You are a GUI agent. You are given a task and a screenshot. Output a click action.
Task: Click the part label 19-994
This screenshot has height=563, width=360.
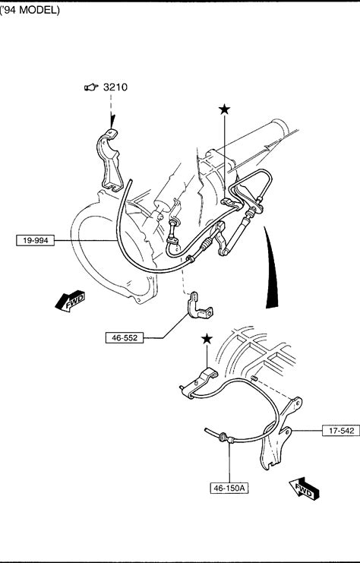(35, 240)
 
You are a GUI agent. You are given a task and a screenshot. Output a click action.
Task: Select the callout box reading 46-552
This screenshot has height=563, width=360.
(125, 337)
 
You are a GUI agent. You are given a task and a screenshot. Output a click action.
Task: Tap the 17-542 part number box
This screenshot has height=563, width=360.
(340, 431)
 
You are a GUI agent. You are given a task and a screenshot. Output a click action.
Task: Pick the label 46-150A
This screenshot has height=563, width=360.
(229, 488)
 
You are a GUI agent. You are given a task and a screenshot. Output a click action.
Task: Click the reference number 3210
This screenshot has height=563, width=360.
(115, 87)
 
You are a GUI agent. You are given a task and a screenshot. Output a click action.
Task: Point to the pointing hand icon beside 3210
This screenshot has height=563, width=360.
(91, 87)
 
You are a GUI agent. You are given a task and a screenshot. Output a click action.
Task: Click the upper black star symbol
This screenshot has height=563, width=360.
(224, 109)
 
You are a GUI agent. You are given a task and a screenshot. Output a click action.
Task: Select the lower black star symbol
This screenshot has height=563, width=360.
(207, 339)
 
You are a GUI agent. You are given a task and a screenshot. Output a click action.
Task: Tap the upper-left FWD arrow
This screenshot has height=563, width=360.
(70, 301)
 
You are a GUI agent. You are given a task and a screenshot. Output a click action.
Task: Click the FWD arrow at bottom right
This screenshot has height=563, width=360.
(305, 489)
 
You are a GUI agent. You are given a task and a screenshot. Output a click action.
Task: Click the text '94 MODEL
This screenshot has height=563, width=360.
(30, 10)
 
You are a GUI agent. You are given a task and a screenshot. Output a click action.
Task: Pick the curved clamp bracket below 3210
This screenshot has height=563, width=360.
(109, 160)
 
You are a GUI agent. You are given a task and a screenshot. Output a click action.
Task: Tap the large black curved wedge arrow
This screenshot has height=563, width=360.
(272, 267)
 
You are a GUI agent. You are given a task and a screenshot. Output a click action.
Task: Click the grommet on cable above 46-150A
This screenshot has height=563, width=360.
(223, 437)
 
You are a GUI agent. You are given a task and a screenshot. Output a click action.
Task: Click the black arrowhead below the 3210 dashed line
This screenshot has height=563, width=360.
(112, 122)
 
